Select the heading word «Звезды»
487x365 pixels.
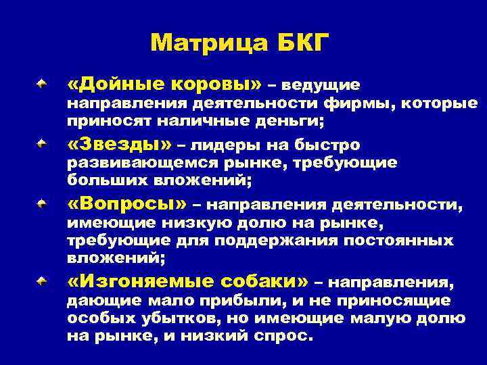click(x=119, y=145)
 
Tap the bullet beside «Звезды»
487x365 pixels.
click(x=43, y=144)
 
